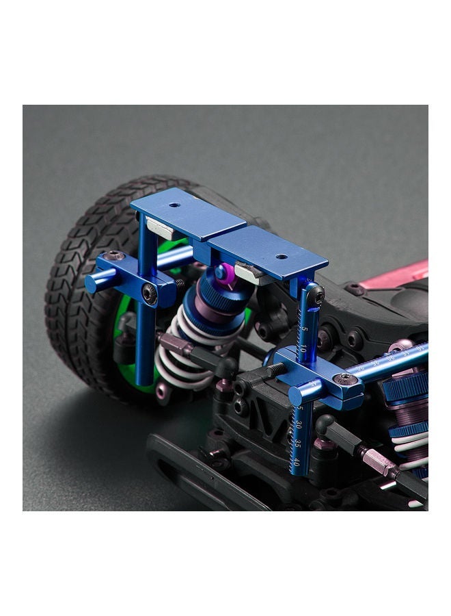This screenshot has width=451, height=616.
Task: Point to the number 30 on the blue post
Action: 299,426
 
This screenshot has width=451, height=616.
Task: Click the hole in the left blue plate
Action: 176,204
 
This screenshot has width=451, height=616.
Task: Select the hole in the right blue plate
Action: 281,257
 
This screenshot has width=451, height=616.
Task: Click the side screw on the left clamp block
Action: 149,294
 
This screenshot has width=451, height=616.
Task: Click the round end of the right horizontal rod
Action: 295,396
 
